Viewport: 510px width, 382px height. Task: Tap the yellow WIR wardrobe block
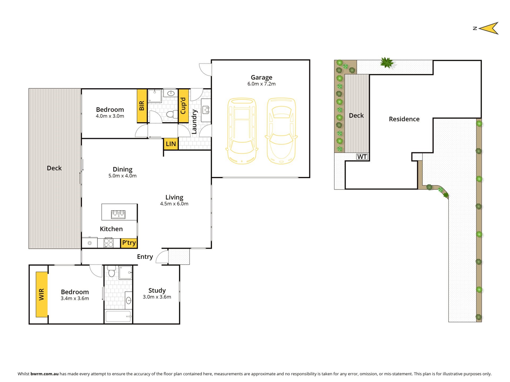[42, 294]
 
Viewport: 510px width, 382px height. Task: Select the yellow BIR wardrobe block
[142, 106]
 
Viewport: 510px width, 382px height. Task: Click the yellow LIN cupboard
[171, 144]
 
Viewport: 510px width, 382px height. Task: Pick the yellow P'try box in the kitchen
[129, 243]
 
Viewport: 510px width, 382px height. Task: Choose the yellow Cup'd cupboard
[183, 106]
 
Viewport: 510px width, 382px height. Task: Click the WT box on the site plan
[362, 157]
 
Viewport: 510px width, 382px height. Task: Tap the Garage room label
[261, 77]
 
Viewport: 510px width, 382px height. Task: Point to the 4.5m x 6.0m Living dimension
[174, 204]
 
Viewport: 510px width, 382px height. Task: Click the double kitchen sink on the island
[118, 214]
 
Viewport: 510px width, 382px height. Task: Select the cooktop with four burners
[108, 242]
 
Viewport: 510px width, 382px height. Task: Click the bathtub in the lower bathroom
[118, 316]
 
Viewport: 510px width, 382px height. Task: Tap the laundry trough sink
[206, 109]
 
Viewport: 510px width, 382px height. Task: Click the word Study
[157, 290]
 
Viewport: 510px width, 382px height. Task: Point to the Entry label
[145, 257]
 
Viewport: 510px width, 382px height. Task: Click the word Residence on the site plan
[404, 119]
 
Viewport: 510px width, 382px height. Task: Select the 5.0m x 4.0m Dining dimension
[122, 176]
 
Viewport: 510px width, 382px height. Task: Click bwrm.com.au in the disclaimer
[44, 374]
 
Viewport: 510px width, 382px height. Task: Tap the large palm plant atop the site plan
[387, 63]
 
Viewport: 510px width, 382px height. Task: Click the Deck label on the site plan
[356, 115]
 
